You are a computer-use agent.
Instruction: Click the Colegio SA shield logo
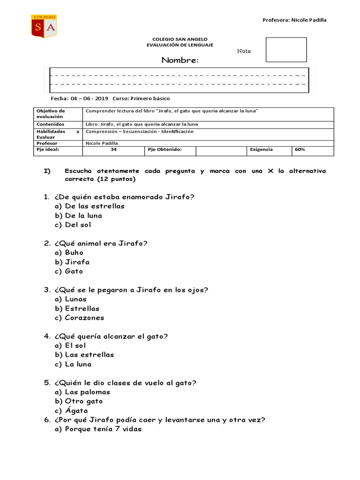click(44, 26)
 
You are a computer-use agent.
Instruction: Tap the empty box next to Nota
click(286, 50)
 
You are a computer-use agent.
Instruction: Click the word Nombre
click(180, 60)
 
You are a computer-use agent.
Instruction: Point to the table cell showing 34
click(113, 150)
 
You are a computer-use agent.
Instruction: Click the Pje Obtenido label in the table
click(165, 150)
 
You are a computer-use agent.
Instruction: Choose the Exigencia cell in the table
click(262, 150)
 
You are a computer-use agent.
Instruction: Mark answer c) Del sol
click(73, 225)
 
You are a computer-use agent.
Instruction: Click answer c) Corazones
click(79, 318)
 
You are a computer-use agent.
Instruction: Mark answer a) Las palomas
click(82, 392)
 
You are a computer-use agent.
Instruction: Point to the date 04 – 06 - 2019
click(89, 99)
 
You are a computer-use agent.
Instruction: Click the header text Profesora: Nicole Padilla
click(294, 20)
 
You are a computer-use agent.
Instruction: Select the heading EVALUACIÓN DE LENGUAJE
click(180, 45)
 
